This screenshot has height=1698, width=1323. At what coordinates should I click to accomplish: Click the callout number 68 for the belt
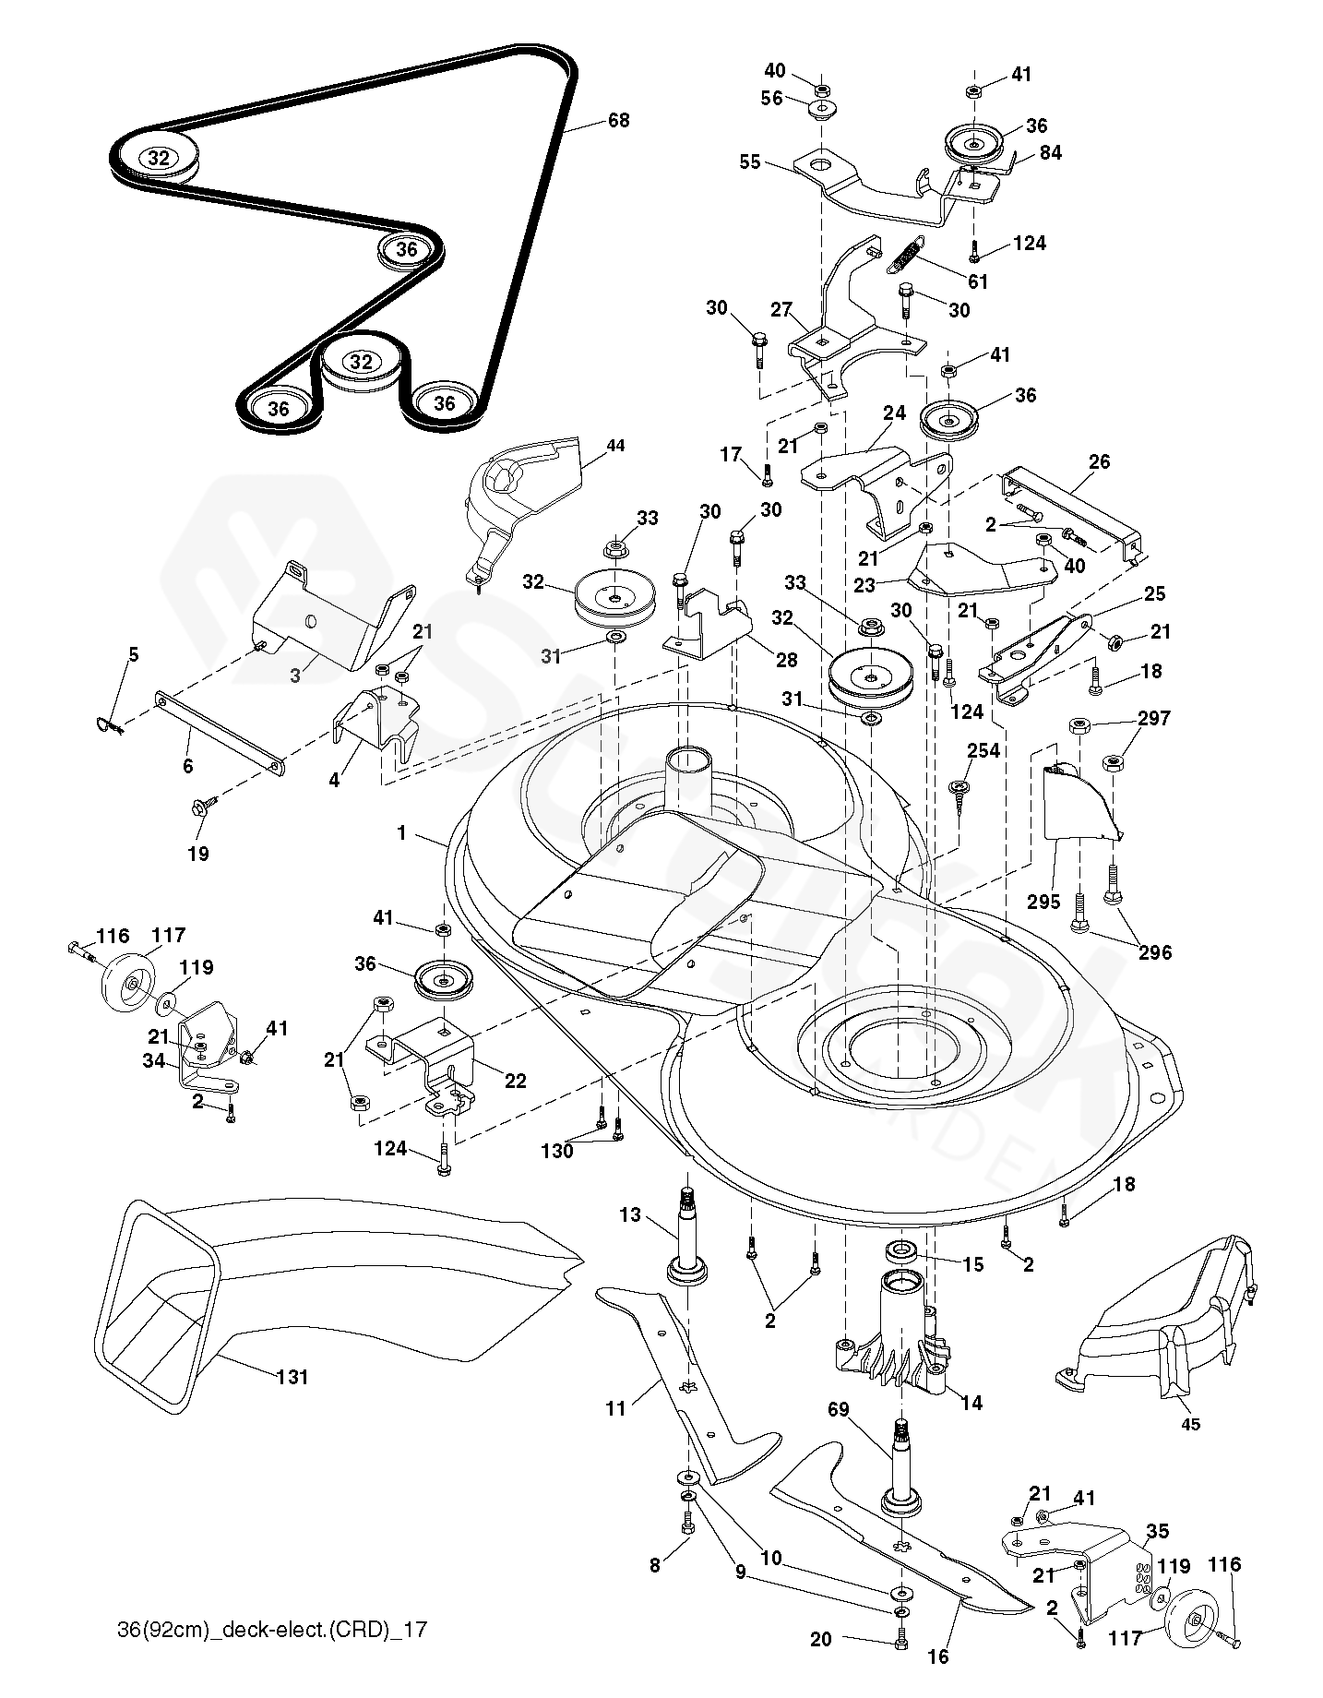618,121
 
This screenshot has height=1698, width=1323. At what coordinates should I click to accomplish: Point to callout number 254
983,750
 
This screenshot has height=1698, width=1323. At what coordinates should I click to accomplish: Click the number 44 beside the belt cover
615,446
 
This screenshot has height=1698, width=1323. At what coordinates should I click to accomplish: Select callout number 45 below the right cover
1190,1424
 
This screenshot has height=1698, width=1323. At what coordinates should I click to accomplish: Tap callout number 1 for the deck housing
401,832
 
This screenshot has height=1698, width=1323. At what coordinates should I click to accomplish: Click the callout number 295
1044,903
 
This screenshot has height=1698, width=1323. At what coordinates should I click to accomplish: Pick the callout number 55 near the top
750,162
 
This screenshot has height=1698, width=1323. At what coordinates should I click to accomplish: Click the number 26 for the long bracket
1099,461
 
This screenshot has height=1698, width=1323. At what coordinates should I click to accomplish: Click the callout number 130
558,1152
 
